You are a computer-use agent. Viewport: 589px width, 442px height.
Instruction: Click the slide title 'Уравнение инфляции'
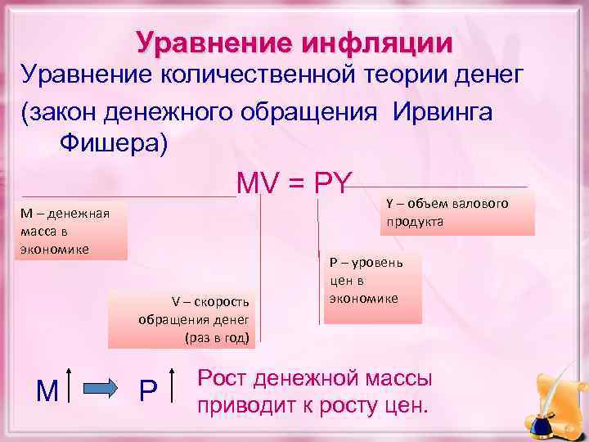(294, 43)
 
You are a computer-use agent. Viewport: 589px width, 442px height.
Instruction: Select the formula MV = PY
(294, 183)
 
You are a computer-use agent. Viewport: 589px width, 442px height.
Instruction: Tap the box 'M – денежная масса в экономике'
(72, 231)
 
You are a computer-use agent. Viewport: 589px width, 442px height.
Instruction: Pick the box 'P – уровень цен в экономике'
(373, 286)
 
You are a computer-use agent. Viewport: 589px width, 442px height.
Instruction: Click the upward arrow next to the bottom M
(70, 386)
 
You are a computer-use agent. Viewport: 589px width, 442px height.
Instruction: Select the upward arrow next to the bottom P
(173, 386)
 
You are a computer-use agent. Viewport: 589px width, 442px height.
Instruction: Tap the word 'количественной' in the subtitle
(265, 77)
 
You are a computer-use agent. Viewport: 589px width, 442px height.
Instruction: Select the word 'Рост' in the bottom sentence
(223, 378)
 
